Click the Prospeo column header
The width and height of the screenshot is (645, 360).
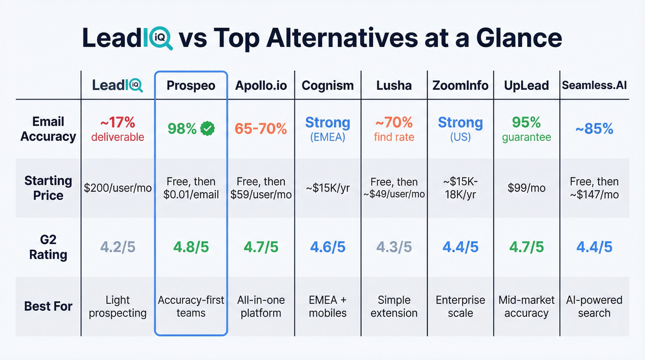click(191, 86)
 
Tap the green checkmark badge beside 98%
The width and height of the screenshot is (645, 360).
click(208, 129)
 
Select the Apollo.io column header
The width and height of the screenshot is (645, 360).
click(262, 86)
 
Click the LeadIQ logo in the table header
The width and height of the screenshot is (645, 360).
click(117, 85)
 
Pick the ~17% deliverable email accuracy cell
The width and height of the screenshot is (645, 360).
click(117, 129)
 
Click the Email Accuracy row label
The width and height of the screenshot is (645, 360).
click(48, 129)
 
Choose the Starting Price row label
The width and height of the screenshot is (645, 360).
click(48, 188)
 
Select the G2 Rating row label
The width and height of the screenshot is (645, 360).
click(48, 247)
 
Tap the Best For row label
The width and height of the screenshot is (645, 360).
click(48, 306)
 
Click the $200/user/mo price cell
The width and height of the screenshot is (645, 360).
click(117, 188)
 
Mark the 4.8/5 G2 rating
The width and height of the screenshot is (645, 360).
click(191, 247)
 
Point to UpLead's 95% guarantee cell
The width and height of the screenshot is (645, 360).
click(526, 129)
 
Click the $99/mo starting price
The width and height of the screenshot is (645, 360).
click(526, 188)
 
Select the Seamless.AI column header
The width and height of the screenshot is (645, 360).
click(594, 86)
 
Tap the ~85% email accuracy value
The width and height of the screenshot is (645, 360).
click(594, 129)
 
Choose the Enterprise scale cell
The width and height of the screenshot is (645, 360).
click(460, 307)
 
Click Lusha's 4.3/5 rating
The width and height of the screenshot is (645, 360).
click(394, 247)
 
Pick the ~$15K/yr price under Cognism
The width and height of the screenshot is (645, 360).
click(328, 188)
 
